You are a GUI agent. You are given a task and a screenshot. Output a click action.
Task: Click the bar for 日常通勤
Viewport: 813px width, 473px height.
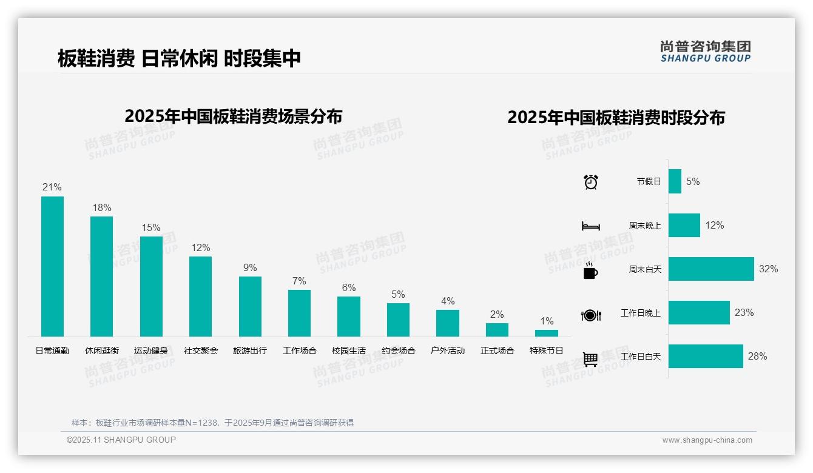52,266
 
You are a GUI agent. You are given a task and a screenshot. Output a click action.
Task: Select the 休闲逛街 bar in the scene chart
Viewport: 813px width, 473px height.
101,277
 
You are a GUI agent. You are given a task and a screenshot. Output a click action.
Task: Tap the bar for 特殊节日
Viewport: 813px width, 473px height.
546,333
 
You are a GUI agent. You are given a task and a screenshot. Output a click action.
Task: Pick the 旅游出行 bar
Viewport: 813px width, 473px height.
250,306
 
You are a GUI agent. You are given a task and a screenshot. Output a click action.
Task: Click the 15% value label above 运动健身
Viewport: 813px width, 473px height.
151,228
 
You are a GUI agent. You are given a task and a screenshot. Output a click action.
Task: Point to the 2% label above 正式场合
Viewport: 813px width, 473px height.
497,315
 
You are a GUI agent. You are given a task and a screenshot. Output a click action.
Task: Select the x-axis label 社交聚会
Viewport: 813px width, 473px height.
201,351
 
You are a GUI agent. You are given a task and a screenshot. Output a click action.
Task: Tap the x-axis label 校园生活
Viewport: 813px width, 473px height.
349,351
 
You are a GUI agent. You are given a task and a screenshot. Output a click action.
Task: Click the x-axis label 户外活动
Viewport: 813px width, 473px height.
448,351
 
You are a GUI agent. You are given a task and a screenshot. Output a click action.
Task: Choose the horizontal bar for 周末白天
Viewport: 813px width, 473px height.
711,269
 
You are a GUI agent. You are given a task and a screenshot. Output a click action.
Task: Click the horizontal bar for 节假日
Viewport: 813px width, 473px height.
675,181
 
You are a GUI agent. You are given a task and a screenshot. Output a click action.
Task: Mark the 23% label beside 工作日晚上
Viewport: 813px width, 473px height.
744,313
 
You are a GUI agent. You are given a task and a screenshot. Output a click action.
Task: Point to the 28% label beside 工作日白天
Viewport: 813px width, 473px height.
757,357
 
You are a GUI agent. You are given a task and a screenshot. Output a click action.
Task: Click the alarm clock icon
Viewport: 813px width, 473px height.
591,182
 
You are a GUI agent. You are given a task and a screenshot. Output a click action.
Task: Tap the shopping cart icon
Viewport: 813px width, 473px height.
590,359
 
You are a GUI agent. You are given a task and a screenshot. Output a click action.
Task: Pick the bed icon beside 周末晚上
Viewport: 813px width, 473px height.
590,226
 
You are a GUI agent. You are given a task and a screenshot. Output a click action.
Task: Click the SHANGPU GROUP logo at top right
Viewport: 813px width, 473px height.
706,52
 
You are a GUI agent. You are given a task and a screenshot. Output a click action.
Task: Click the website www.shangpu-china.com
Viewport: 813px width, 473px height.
707,440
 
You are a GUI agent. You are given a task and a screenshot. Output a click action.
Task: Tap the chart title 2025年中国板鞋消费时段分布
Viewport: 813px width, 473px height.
616,118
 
